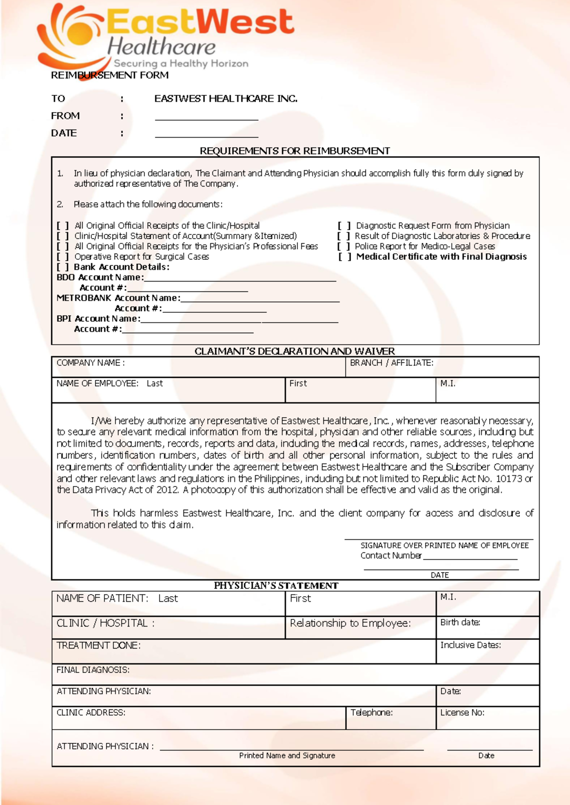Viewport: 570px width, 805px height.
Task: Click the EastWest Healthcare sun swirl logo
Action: [x=71, y=38]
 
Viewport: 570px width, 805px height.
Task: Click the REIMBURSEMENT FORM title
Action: [x=109, y=75]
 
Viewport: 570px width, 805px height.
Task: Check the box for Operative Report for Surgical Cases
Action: [x=63, y=257]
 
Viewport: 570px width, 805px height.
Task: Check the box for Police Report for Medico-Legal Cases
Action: [x=344, y=246]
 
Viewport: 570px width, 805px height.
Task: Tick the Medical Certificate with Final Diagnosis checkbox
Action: [x=345, y=257]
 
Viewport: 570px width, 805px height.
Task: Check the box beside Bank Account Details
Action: [x=63, y=267]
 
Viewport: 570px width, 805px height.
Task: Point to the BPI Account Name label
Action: [x=98, y=318]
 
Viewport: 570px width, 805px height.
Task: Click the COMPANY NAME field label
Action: [x=90, y=363]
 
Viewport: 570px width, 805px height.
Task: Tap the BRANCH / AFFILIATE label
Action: [x=391, y=363]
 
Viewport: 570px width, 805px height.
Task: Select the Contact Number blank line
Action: [x=470, y=556]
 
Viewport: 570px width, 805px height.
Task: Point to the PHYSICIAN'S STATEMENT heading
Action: [x=276, y=586]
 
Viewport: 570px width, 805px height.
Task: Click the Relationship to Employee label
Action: [x=350, y=623]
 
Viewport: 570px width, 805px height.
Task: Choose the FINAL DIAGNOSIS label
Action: [x=93, y=670]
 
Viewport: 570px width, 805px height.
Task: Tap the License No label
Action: [x=462, y=712]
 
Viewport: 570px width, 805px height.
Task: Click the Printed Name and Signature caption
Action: [x=287, y=756]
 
